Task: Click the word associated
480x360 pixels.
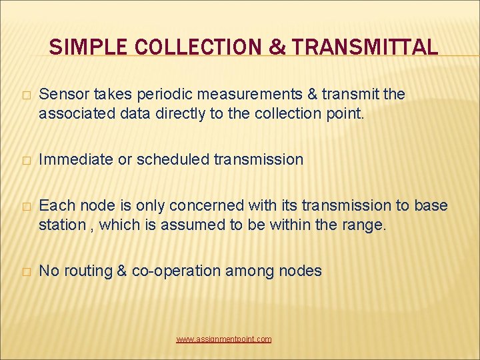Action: [73, 113]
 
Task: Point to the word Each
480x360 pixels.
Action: [54, 205]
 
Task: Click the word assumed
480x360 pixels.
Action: [193, 225]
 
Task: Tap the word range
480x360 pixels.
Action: [366, 225]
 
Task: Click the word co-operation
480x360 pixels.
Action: [176, 271]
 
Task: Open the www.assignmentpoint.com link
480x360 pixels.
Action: [224, 339]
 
